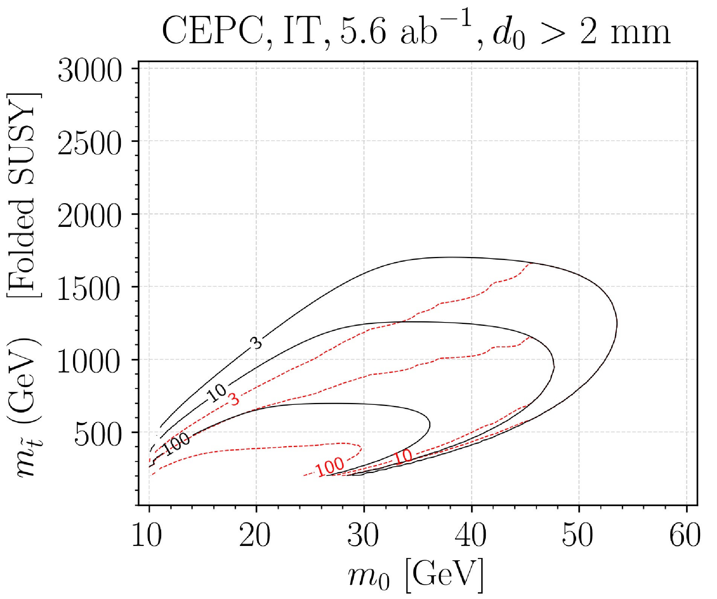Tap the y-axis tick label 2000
click(x=90, y=216)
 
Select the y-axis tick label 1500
click(x=90, y=289)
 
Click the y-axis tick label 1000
click(x=90, y=362)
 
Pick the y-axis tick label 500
click(x=98, y=434)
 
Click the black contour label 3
click(x=256, y=343)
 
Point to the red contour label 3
click(x=234, y=399)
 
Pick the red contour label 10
click(x=403, y=457)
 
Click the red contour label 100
click(x=330, y=467)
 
